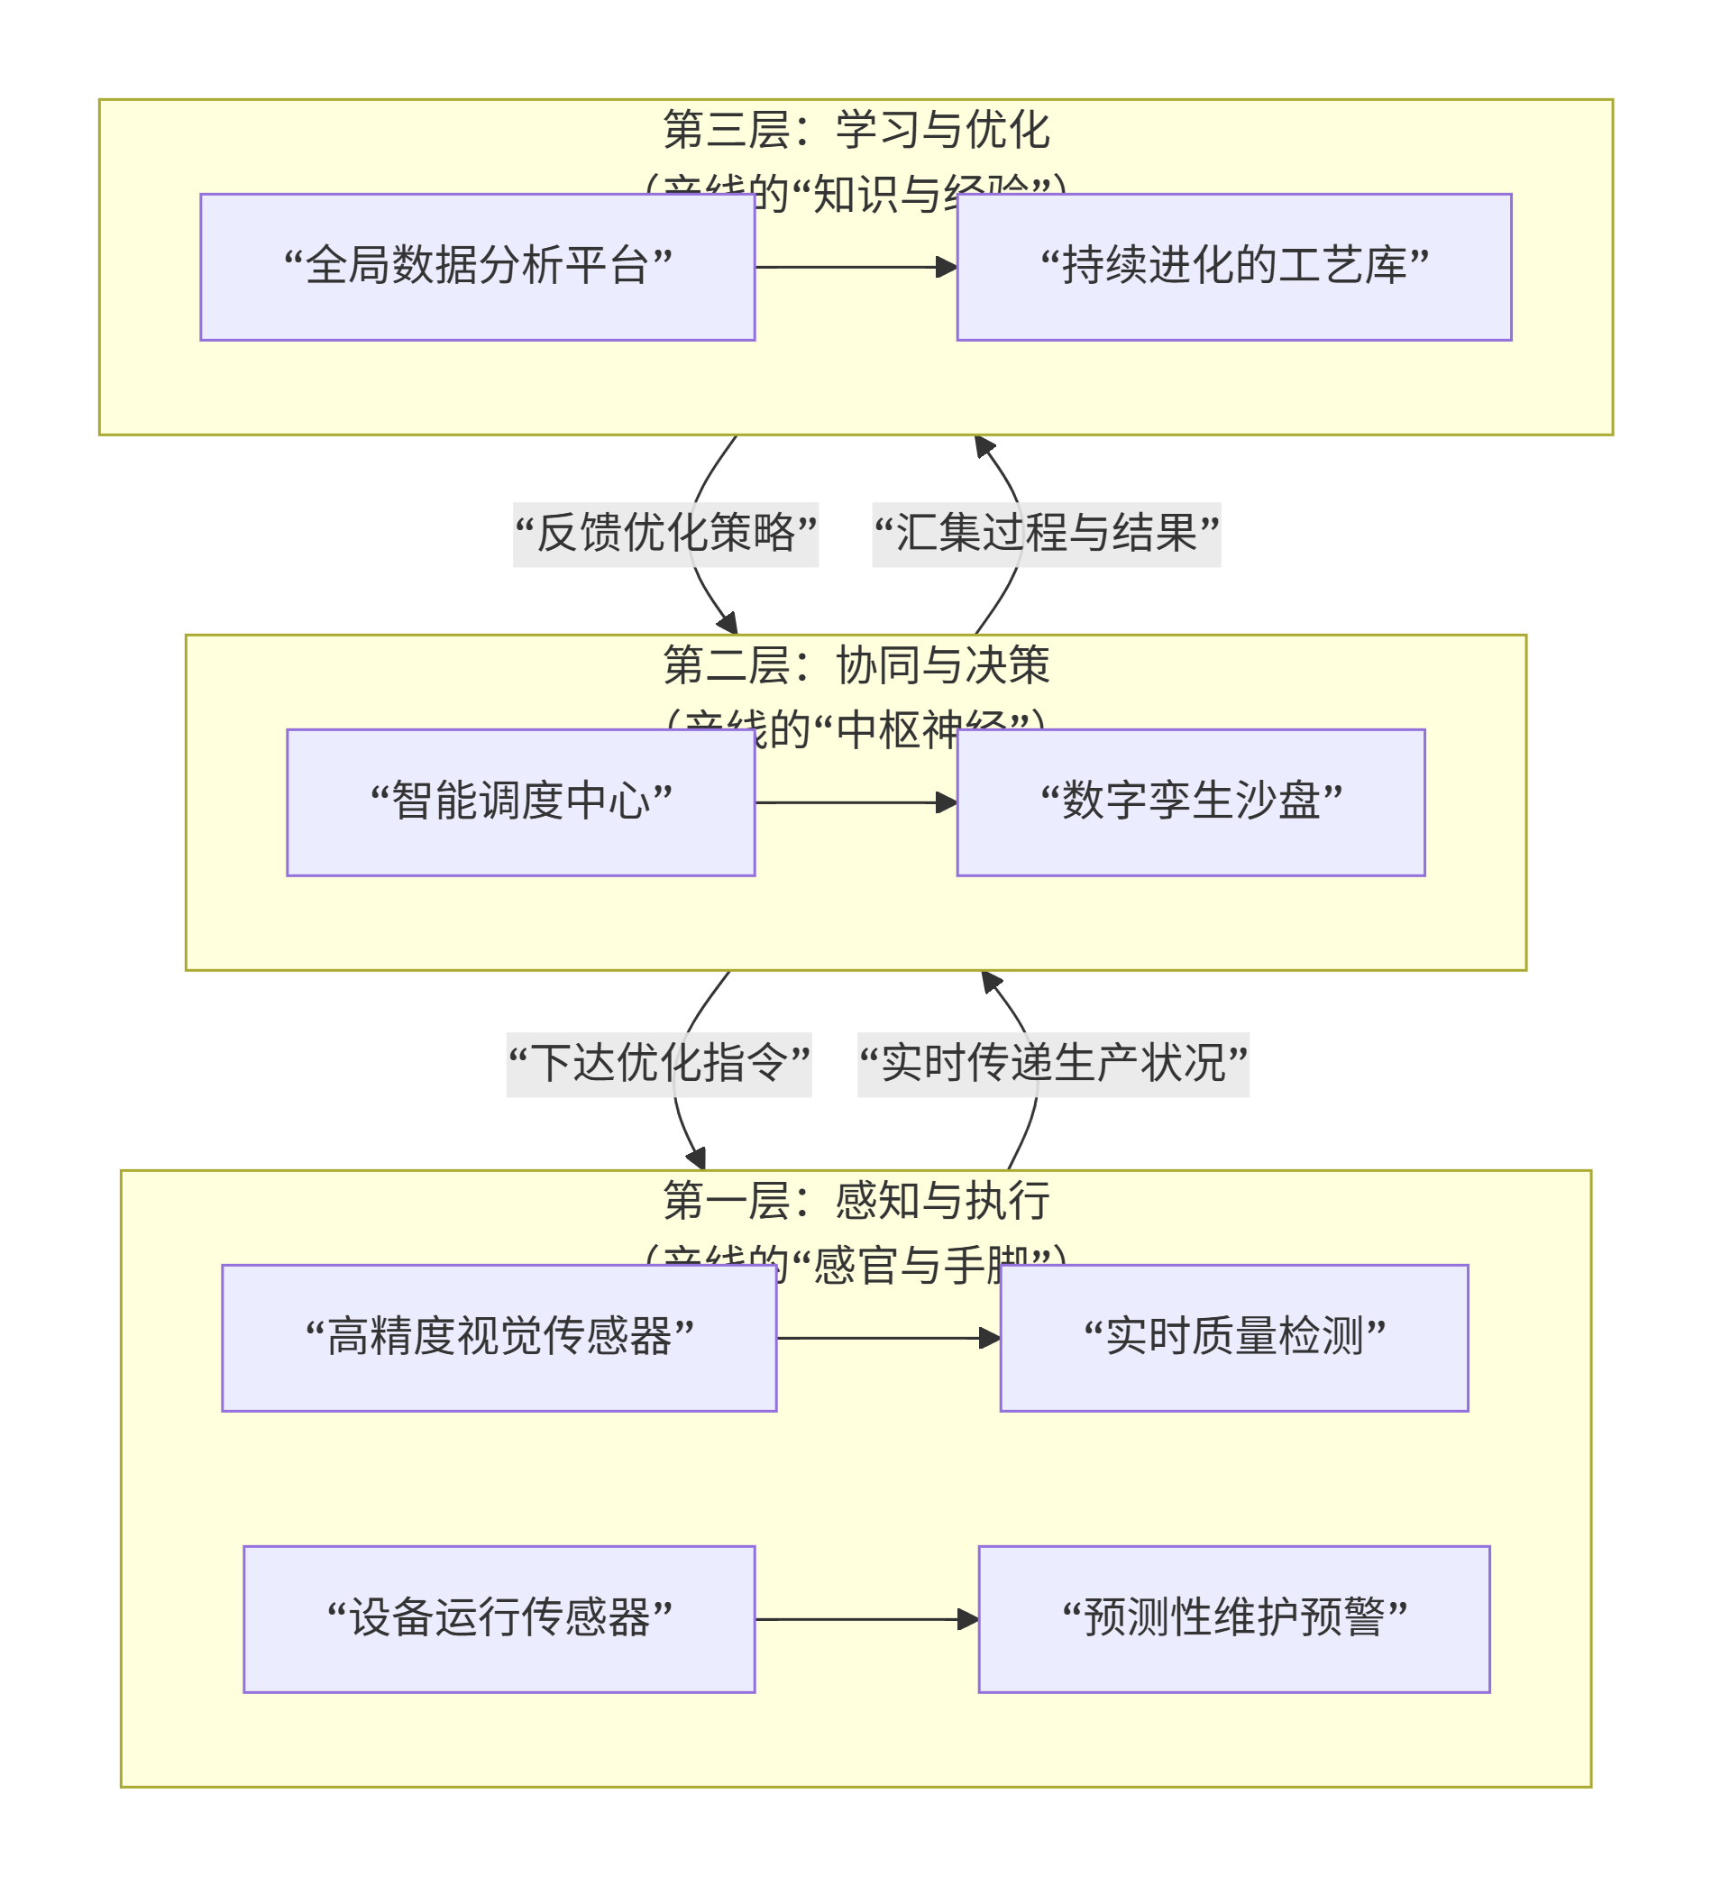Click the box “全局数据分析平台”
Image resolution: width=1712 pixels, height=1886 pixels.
pos(477,268)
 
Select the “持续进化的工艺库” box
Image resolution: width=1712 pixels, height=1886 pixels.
pos(1234,268)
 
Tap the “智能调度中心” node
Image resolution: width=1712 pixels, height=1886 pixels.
pos(520,802)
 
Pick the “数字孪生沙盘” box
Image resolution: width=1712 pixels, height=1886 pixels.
pos(1190,802)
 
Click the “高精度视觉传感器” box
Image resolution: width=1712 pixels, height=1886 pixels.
pos(499,1338)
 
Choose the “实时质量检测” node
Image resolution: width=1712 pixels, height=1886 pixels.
pos(1234,1338)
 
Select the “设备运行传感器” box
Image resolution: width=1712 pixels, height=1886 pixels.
pos(499,1619)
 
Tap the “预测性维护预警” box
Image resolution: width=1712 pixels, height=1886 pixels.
pos(1234,1619)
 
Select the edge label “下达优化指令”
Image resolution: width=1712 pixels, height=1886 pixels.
pos(659,1065)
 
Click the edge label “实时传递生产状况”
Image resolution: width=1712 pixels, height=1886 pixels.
pos(1052,1065)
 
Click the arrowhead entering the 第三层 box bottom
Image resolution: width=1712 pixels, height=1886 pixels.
pos(984,446)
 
